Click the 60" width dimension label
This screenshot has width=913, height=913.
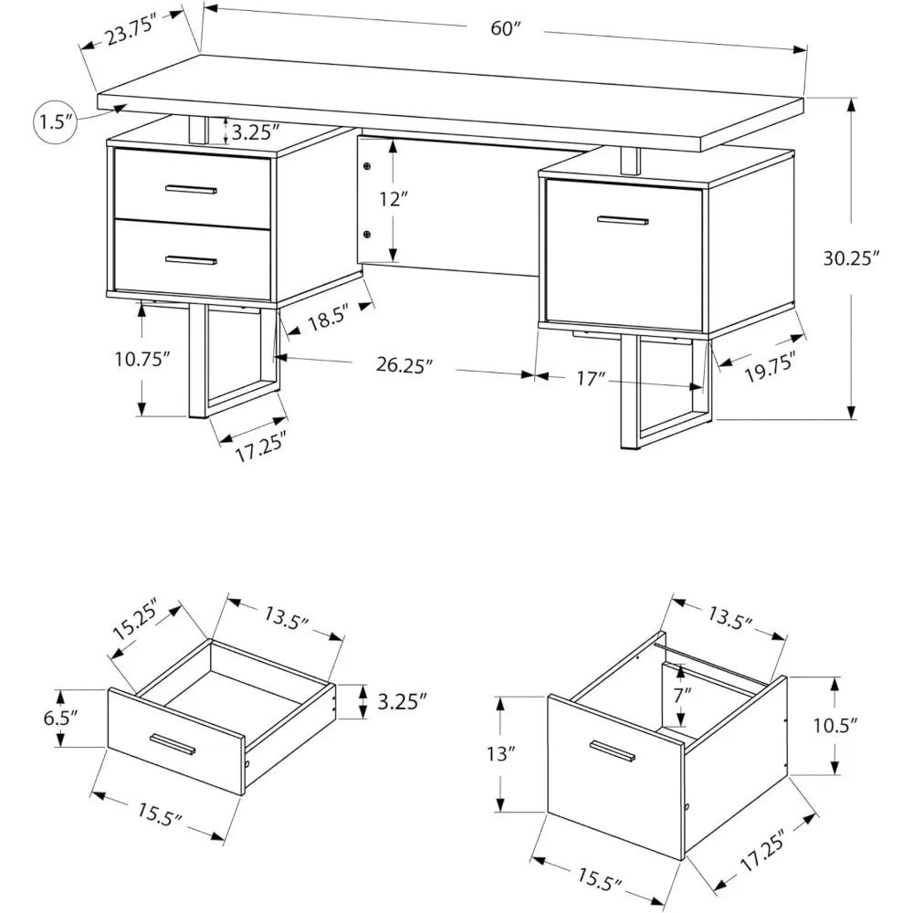tap(505, 28)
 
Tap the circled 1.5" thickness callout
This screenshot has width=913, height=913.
tap(55, 122)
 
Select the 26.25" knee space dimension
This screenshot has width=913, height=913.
tap(403, 365)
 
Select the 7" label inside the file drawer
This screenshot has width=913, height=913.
tap(683, 694)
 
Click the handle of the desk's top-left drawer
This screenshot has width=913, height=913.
tap(191, 190)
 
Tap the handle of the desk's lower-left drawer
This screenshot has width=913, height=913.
tap(191, 261)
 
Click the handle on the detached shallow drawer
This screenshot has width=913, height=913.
tap(173, 744)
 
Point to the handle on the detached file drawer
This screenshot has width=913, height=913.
tap(613, 750)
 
